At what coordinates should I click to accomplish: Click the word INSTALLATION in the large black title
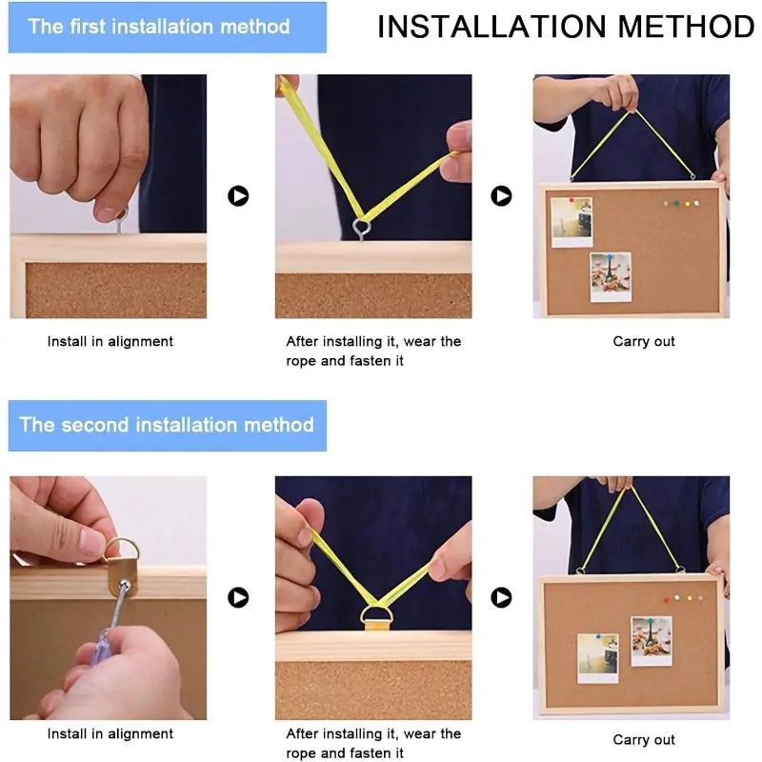(x=491, y=27)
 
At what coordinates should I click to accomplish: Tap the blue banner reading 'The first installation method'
(x=168, y=28)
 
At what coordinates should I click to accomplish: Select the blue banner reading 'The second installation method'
(x=168, y=426)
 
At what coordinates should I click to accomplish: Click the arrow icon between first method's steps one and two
(x=238, y=196)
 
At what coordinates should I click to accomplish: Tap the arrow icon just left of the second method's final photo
(x=501, y=597)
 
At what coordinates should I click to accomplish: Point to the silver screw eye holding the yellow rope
(x=362, y=229)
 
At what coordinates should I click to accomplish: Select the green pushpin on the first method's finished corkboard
(x=676, y=204)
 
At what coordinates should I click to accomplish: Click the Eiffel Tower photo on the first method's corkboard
(x=611, y=277)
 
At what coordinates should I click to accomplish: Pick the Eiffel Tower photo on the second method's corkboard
(x=652, y=641)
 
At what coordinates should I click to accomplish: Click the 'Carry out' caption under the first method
(x=644, y=342)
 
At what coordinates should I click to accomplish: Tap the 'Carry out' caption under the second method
(x=644, y=740)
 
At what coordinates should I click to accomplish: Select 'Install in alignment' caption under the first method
(x=110, y=342)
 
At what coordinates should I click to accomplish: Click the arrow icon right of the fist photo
(x=238, y=196)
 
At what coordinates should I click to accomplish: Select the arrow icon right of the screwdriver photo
(x=238, y=597)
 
